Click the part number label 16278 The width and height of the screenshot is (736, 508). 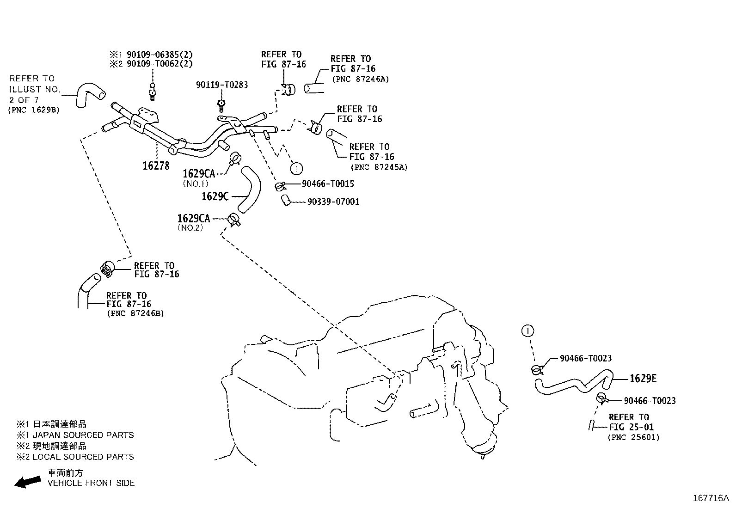click(x=156, y=165)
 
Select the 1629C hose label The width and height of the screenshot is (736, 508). click(x=215, y=196)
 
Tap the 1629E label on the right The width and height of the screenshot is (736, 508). click(x=643, y=379)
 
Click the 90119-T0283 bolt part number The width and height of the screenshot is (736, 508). click(x=222, y=85)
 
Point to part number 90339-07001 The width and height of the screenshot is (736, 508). click(x=333, y=202)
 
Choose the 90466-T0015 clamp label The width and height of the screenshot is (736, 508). click(x=328, y=184)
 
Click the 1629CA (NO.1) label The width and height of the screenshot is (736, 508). click(x=199, y=174)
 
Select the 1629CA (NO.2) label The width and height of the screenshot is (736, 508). click(x=193, y=218)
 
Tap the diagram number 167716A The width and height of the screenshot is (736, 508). click(x=710, y=498)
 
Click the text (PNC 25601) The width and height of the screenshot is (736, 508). click(x=633, y=437)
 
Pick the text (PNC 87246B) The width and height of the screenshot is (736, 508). click(x=135, y=313)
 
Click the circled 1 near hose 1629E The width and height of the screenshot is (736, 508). click(x=527, y=331)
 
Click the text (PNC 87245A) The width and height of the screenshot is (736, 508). click(x=379, y=167)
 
